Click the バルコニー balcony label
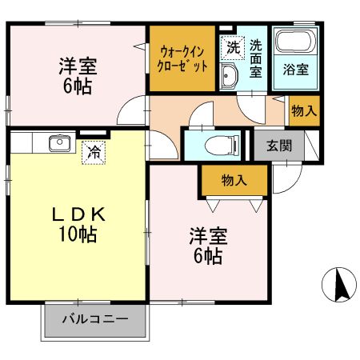pyautogui.click(x=96, y=320)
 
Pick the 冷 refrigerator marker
pyautogui.click(x=94, y=150)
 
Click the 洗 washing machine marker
pyautogui.click(x=232, y=47)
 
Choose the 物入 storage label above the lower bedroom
pyautogui.click(x=234, y=181)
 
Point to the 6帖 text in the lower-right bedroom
pyautogui.click(x=208, y=257)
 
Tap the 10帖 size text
pyautogui.click(x=78, y=235)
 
